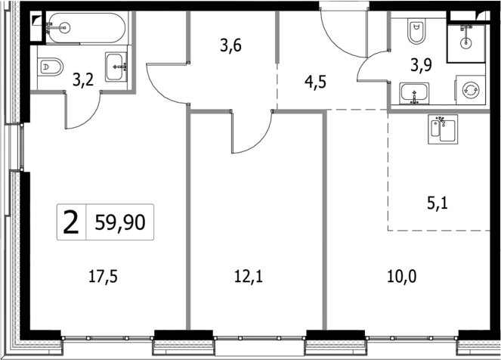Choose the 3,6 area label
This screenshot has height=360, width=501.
point(230,46)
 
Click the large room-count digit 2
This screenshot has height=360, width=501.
point(71,222)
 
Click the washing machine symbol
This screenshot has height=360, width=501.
point(470,90)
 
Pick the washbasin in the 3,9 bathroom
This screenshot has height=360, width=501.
point(413,94)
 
